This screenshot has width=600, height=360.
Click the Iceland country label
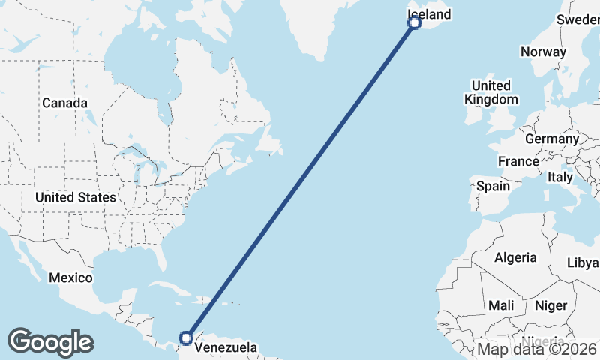(429, 14)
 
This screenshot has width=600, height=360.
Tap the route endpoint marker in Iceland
(415, 22)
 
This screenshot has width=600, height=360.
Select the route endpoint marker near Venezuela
(185, 338)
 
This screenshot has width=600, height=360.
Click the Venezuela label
(225, 348)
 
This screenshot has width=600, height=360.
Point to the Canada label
(64, 103)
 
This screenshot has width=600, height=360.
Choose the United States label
(76, 197)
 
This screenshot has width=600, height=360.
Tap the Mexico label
(70, 277)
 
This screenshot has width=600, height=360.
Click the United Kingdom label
(490, 92)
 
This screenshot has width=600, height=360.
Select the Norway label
(543, 52)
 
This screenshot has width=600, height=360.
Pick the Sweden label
(578, 19)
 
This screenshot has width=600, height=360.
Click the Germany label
(552, 139)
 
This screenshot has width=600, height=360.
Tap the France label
(518, 161)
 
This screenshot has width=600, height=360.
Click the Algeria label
(515, 257)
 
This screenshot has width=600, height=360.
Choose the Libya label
(583, 262)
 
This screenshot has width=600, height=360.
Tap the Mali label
(501, 305)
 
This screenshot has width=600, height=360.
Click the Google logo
(50, 342)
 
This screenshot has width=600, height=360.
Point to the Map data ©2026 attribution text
(537, 349)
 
